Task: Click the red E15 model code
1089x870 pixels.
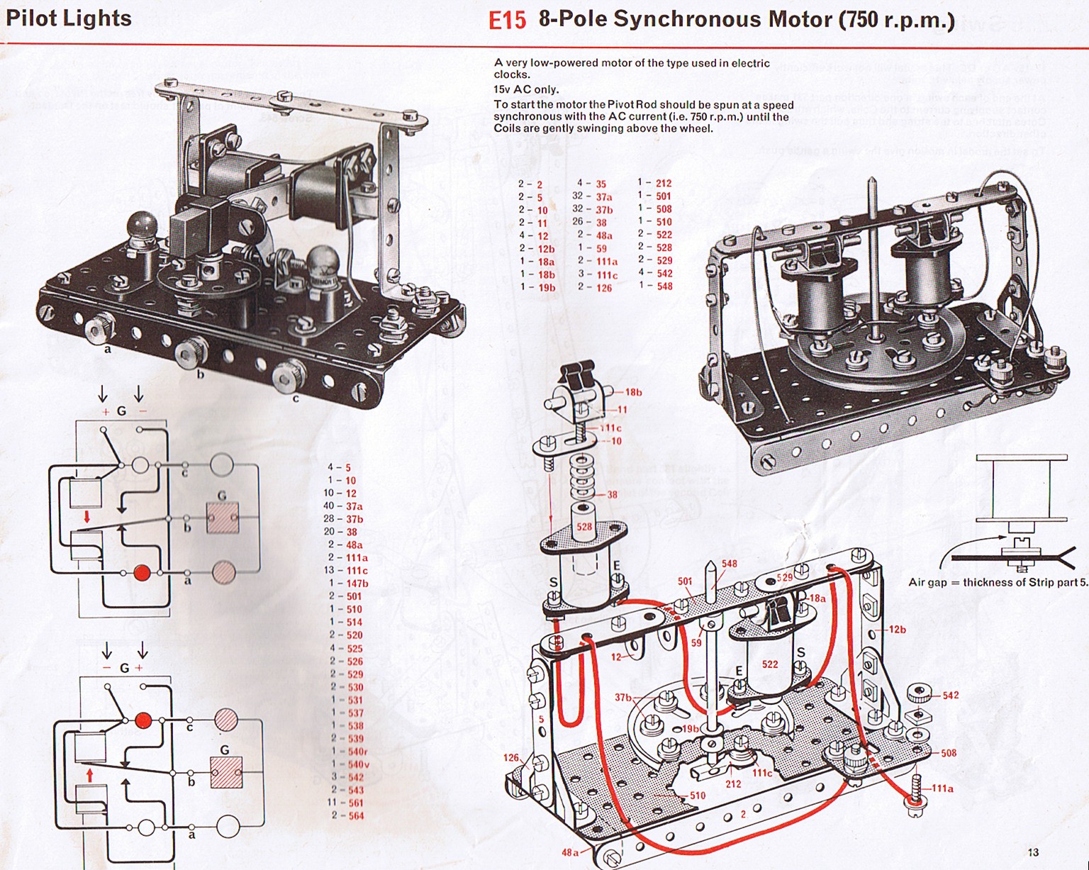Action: tap(507, 20)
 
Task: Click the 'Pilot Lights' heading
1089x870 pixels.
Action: tap(69, 18)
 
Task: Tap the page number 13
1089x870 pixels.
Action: tap(1032, 852)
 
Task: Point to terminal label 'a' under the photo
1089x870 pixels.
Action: tap(108, 349)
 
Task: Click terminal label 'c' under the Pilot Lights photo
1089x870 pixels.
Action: tap(296, 398)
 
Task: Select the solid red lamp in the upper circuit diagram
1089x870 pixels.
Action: tap(142, 572)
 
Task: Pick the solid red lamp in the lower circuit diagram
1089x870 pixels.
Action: tap(143, 720)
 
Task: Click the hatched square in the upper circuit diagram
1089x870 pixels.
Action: tap(221, 518)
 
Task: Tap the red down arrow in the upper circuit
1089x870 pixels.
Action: tap(86, 518)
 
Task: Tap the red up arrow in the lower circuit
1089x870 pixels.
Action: tap(90, 771)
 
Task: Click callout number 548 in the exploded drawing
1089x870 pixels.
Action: tap(729, 564)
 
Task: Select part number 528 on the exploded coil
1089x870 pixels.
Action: tap(583, 527)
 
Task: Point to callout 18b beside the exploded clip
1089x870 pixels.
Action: tap(632, 392)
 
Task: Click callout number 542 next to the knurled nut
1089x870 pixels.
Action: tap(951, 695)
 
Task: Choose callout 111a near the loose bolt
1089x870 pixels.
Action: tap(942, 788)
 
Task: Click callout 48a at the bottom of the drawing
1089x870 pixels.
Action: tap(570, 852)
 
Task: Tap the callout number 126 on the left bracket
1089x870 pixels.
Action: tap(511, 757)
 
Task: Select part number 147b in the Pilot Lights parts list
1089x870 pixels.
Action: tap(357, 584)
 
